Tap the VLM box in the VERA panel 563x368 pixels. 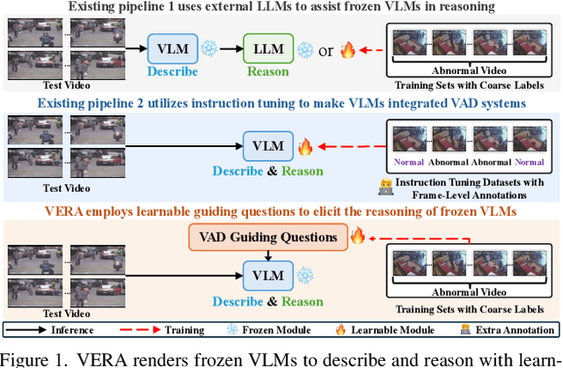coord(269,275)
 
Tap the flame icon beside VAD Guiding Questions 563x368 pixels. coord(357,236)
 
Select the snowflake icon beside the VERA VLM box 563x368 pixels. coord(306,275)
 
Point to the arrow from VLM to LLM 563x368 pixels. coord(220,48)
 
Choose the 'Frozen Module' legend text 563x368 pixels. coord(280,330)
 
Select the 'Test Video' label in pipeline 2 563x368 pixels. coord(66,188)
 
